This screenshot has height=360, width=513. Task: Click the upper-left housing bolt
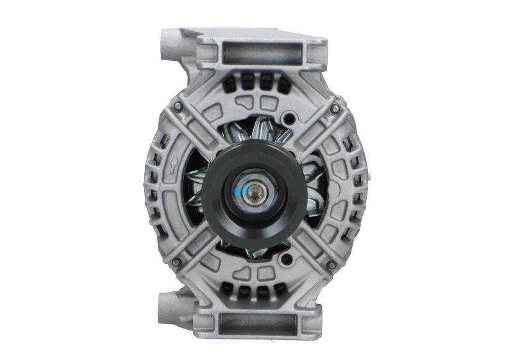178,106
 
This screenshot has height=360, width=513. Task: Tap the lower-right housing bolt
331,264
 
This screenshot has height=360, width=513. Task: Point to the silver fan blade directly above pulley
260,132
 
